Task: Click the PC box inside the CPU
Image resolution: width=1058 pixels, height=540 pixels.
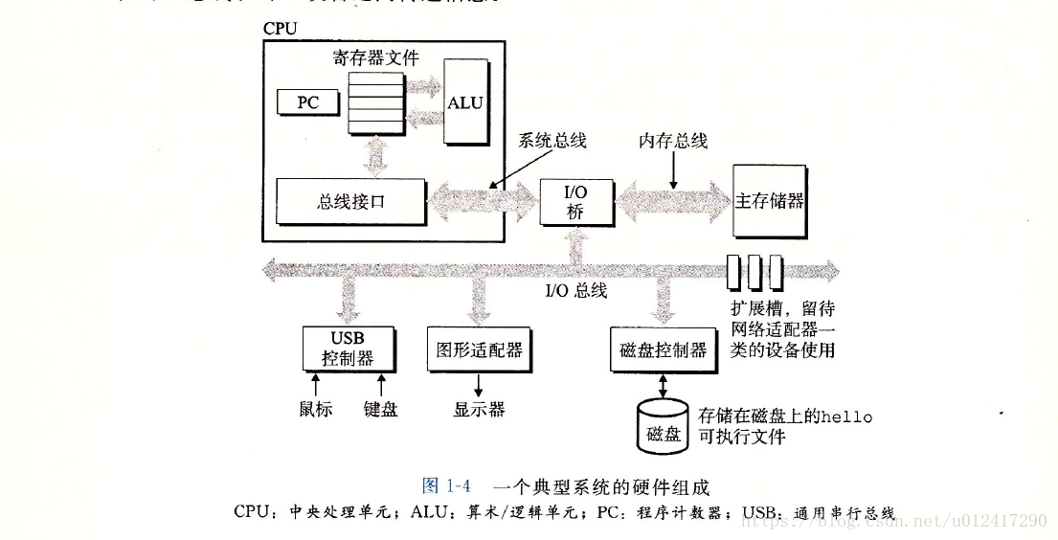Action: [x=308, y=101]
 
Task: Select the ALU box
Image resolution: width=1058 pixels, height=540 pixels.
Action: [x=465, y=102]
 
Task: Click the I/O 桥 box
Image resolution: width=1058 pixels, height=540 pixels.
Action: [x=576, y=202]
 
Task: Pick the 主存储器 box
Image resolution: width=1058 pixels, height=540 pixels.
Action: [x=770, y=201]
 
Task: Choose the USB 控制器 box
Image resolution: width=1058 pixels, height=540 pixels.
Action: [x=348, y=349]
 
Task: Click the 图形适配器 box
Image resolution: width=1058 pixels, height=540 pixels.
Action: [x=480, y=350]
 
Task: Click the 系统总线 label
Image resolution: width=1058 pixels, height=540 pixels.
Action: [x=552, y=141]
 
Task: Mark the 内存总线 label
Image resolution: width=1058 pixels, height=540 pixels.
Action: [x=673, y=141]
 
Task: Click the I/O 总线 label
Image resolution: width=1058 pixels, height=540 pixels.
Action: [x=576, y=290]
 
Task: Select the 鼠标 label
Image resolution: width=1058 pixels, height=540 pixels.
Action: [x=315, y=409]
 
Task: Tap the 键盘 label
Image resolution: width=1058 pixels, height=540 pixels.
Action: [x=380, y=409]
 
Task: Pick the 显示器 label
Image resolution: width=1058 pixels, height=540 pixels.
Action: [x=479, y=409]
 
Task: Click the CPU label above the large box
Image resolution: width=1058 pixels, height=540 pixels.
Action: [x=280, y=29]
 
